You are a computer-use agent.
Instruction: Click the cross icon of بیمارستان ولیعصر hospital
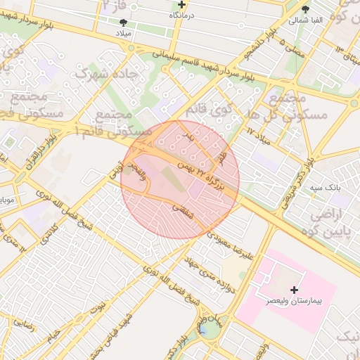(294, 290)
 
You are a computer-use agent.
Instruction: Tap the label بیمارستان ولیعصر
(294, 300)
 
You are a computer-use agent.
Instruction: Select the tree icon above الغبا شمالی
(305, 9)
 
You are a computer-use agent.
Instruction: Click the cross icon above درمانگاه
(181, 4)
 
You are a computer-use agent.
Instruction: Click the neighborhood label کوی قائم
(210, 108)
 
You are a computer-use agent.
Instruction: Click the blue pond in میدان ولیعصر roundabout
(203, 328)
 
